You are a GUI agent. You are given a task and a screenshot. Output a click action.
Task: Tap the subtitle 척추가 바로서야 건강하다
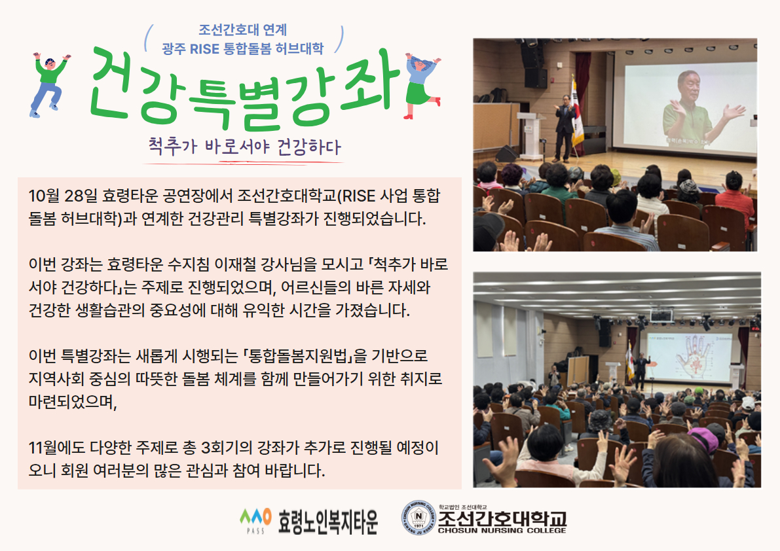click(244, 145)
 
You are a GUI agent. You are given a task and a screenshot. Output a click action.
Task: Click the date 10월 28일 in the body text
click(63, 196)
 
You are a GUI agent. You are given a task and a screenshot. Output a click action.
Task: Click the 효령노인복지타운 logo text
click(328, 521)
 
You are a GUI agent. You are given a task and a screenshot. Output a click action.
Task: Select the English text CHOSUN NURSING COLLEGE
click(502, 531)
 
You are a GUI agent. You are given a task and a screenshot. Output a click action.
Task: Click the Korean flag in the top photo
click(577, 115)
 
